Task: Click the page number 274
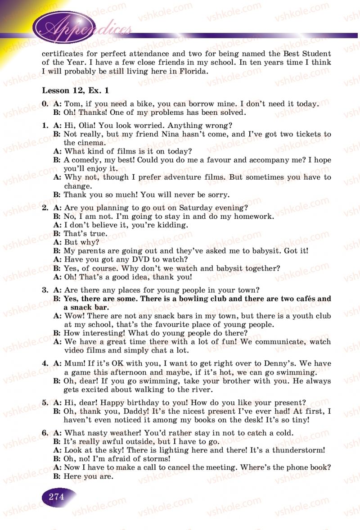(57, 497)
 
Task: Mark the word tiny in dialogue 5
(299, 420)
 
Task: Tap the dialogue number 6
(45, 433)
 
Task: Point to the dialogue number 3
(45, 290)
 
